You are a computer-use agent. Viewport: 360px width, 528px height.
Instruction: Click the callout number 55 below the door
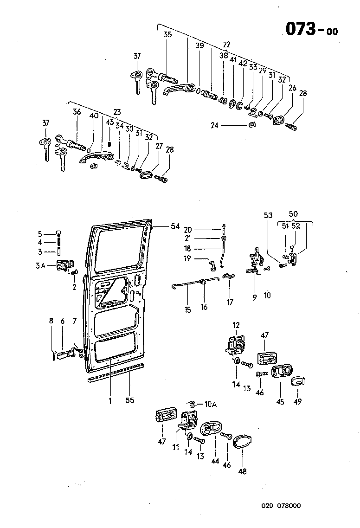pos(130,400)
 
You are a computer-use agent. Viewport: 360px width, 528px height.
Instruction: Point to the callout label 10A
pos(210,405)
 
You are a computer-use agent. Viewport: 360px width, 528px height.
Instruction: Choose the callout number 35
pos(167,35)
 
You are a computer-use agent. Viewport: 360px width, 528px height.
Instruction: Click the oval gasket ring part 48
pos(242,443)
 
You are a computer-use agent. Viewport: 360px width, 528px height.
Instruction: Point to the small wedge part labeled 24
pos(252,124)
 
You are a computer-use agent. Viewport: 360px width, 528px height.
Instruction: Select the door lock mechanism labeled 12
pos(236,346)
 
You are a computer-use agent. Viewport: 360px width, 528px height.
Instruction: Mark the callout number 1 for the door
pos(110,400)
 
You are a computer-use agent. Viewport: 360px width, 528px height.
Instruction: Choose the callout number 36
pos(77,112)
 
